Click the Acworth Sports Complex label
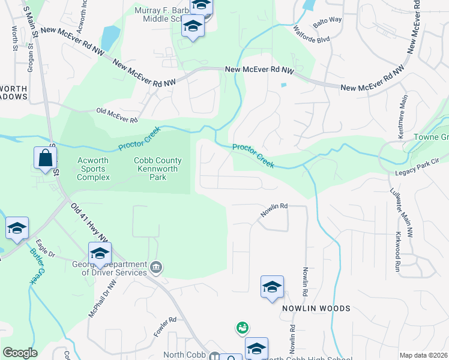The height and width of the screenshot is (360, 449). pyautogui.click(x=93, y=169)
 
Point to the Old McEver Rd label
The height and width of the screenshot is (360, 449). pyautogui.click(x=117, y=115)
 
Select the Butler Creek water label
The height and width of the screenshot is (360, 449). pyautogui.click(x=35, y=265)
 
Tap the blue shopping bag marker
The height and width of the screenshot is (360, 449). pyautogui.click(x=45, y=158)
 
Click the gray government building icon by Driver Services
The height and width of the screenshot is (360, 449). pyautogui.click(x=156, y=266)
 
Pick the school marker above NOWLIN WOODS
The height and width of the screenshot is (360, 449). pyautogui.click(x=272, y=287)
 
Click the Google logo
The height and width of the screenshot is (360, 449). pyautogui.click(x=20, y=353)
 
